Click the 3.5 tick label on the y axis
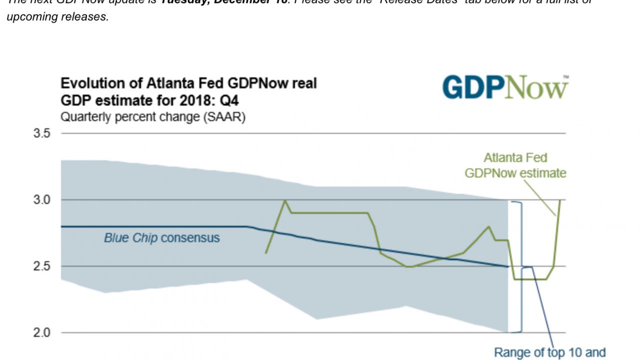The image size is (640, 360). [x=42, y=133]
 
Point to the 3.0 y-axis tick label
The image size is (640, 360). [x=42, y=200]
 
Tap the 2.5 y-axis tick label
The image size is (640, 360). [x=42, y=266]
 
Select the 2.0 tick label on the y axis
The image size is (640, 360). [x=42, y=332]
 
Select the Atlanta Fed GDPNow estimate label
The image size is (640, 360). [x=515, y=165]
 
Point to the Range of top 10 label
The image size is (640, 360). [x=549, y=352]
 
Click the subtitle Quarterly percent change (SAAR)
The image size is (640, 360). [x=152, y=118]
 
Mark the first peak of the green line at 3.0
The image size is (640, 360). [x=285, y=200]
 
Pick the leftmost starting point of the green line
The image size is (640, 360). [x=265, y=253]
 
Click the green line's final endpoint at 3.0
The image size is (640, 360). [x=559, y=200]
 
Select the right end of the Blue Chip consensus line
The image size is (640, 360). [x=508, y=266]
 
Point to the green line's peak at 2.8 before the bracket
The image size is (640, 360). [x=488, y=226]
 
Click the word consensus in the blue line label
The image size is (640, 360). [x=190, y=237]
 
